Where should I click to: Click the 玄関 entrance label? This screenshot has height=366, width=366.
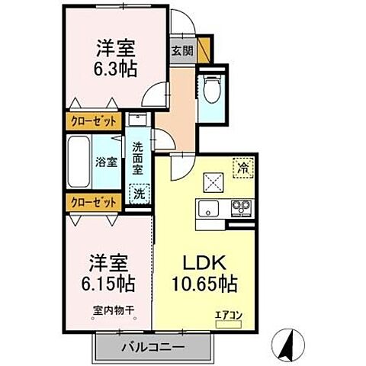tap(181, 52)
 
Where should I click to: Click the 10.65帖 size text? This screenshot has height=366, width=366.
tap(202, 283)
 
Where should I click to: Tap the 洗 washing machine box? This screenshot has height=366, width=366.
tap(138, 193)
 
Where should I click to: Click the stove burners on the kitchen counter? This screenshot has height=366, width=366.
tap(241, 206)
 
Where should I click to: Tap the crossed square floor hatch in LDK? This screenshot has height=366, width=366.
tap(211, 181)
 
